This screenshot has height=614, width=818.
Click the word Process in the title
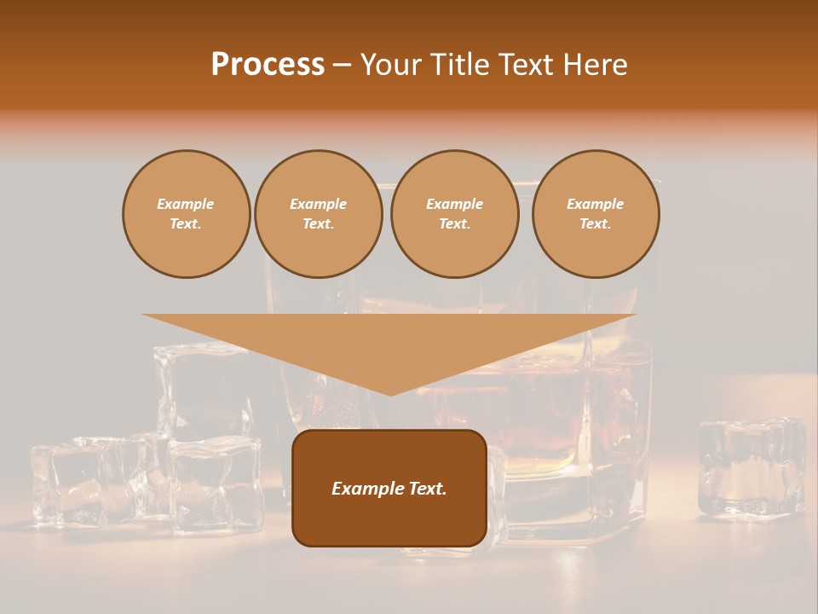point(268,65)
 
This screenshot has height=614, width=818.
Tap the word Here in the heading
point(594,65)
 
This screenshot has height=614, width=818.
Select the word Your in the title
point(391,65)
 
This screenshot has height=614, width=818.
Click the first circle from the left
point(186,214)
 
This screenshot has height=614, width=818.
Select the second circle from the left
point(318,214)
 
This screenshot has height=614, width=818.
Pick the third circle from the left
point(454,214)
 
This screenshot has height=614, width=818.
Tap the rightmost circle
point(596,214)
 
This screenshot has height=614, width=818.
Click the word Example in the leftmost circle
point(186,204)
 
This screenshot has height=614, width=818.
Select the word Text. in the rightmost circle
point(596,224)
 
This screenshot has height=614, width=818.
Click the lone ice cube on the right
point(750,466)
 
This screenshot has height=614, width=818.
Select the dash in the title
point(342,65)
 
